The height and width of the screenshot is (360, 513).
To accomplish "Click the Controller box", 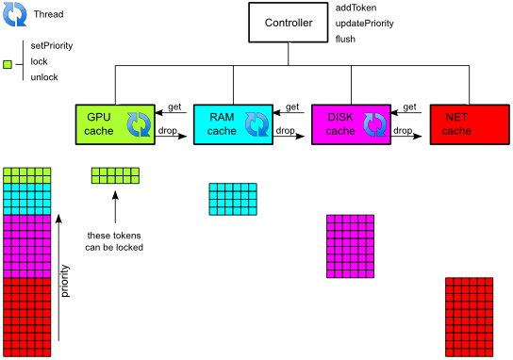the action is coord(289,23).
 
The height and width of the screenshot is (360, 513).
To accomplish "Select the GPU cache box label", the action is coord(99,123).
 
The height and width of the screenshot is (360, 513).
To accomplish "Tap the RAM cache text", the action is coord(222,123).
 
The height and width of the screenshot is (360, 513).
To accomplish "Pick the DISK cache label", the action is coord(340,123).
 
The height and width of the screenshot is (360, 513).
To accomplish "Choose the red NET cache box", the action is coord(470,124).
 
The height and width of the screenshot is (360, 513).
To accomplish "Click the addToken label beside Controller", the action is coord(356,8).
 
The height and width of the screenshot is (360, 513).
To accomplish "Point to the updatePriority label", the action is coord(364,24).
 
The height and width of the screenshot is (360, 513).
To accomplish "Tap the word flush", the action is coord(345,39).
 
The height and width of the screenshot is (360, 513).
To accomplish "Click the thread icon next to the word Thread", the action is coord(15,14).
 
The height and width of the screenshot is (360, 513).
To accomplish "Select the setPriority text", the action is coord(52,46).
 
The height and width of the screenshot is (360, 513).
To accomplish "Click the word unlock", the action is coord(44,77).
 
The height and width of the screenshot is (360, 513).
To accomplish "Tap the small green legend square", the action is coord(8,64).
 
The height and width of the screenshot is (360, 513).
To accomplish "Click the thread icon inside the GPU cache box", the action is coord(139,124).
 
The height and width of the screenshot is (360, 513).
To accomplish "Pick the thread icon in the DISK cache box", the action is coord(375,124).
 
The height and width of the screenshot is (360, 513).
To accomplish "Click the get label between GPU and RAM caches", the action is coord(174,107).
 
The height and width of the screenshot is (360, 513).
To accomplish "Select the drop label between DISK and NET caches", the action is coord(403,130).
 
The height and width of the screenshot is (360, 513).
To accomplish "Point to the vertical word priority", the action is coord(65,281).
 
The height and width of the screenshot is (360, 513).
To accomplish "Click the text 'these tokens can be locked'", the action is coord(114,241).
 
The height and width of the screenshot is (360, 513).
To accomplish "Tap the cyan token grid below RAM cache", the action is coord(233,199).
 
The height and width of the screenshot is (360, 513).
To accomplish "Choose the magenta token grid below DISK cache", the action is coord(350,246).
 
